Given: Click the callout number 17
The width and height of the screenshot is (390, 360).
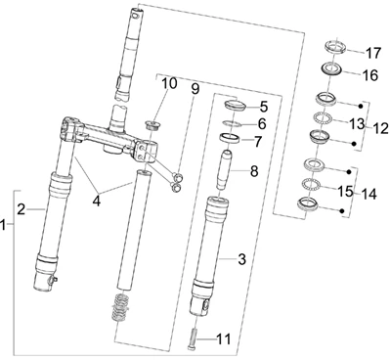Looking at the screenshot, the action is click(x=372, y=53).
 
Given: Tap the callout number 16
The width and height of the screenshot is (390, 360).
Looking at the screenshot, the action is click(x=370, y=75).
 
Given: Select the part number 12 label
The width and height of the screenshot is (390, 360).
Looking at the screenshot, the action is click(x=380, y=128).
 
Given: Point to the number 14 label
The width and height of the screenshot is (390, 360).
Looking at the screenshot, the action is click(x=368, y=194).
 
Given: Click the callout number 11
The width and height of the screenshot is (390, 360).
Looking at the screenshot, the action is click(x=224, y=339).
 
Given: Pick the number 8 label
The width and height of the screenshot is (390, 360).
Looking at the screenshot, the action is click(x=254, y=171).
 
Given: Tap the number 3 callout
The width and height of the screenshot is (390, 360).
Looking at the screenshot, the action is click(x=241, y=259).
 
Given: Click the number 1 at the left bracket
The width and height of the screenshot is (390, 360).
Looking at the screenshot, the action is click(x=3, y=225).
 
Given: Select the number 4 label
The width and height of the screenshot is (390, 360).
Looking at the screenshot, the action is click(x=97, y=201).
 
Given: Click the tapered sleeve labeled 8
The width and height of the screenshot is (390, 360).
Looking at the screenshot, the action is click(x=225, y=169).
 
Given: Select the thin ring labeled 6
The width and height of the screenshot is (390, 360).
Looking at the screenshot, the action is click(x=232, y=124).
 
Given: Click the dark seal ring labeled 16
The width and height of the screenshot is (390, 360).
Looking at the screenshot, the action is click(x=332, y=69).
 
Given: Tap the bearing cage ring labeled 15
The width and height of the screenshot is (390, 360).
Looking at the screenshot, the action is click(x=312, y=183).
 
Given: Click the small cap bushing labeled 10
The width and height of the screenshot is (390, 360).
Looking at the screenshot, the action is click(x=152, y=125).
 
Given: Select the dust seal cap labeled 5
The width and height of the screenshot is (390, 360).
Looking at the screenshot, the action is click(x=235, y=106).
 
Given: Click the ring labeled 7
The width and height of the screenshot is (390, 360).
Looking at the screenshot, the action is click(x=231, y=137).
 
